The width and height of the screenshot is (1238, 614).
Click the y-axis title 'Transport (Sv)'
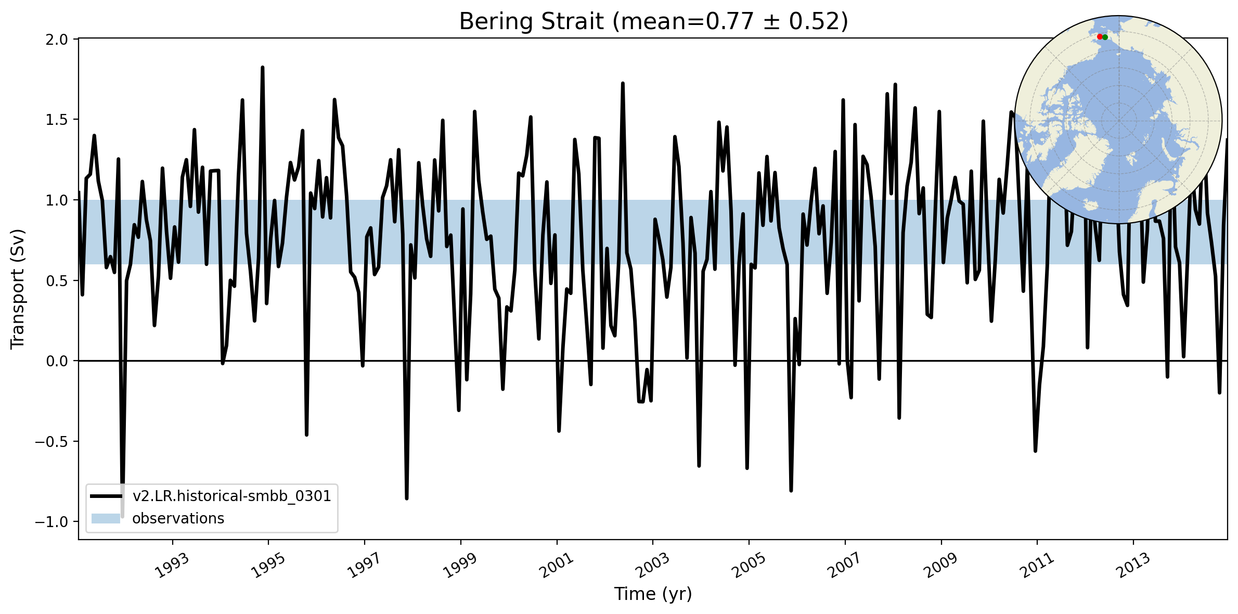pyautogui.click(x=18, y=289)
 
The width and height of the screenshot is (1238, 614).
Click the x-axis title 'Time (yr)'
pyautogui.click(x=653, y=594)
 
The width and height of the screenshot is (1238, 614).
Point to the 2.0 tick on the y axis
pyautogui.click(x=57, y=40)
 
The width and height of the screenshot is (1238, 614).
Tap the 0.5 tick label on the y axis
pyautogui.click(x=57, y=281)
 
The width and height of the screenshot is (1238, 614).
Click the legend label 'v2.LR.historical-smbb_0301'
pyautogui.click(x=232, y=496)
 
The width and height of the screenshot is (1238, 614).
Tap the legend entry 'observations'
pyautogui.click(x=178, y=518)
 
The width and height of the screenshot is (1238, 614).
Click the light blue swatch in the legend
pyautogui.click(x=106, y=518)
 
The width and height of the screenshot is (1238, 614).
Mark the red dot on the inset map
pyautogui.click(x=1100, y=37)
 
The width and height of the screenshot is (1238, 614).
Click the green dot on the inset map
pyautogui.click(x=1105, y=37)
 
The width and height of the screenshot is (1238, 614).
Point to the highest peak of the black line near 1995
pyautogui.click(x=263, y=68)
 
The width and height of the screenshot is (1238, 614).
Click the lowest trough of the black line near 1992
pyautogui.click(x=122, y=515)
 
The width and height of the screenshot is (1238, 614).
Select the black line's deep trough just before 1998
pyautogui.click(x=407, y=498)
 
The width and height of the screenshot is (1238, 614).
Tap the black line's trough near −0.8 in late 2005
pyautogui.click(x=791, y=490)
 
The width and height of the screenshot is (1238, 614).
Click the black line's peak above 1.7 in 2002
pyautogui.click(x=623, y=83)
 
